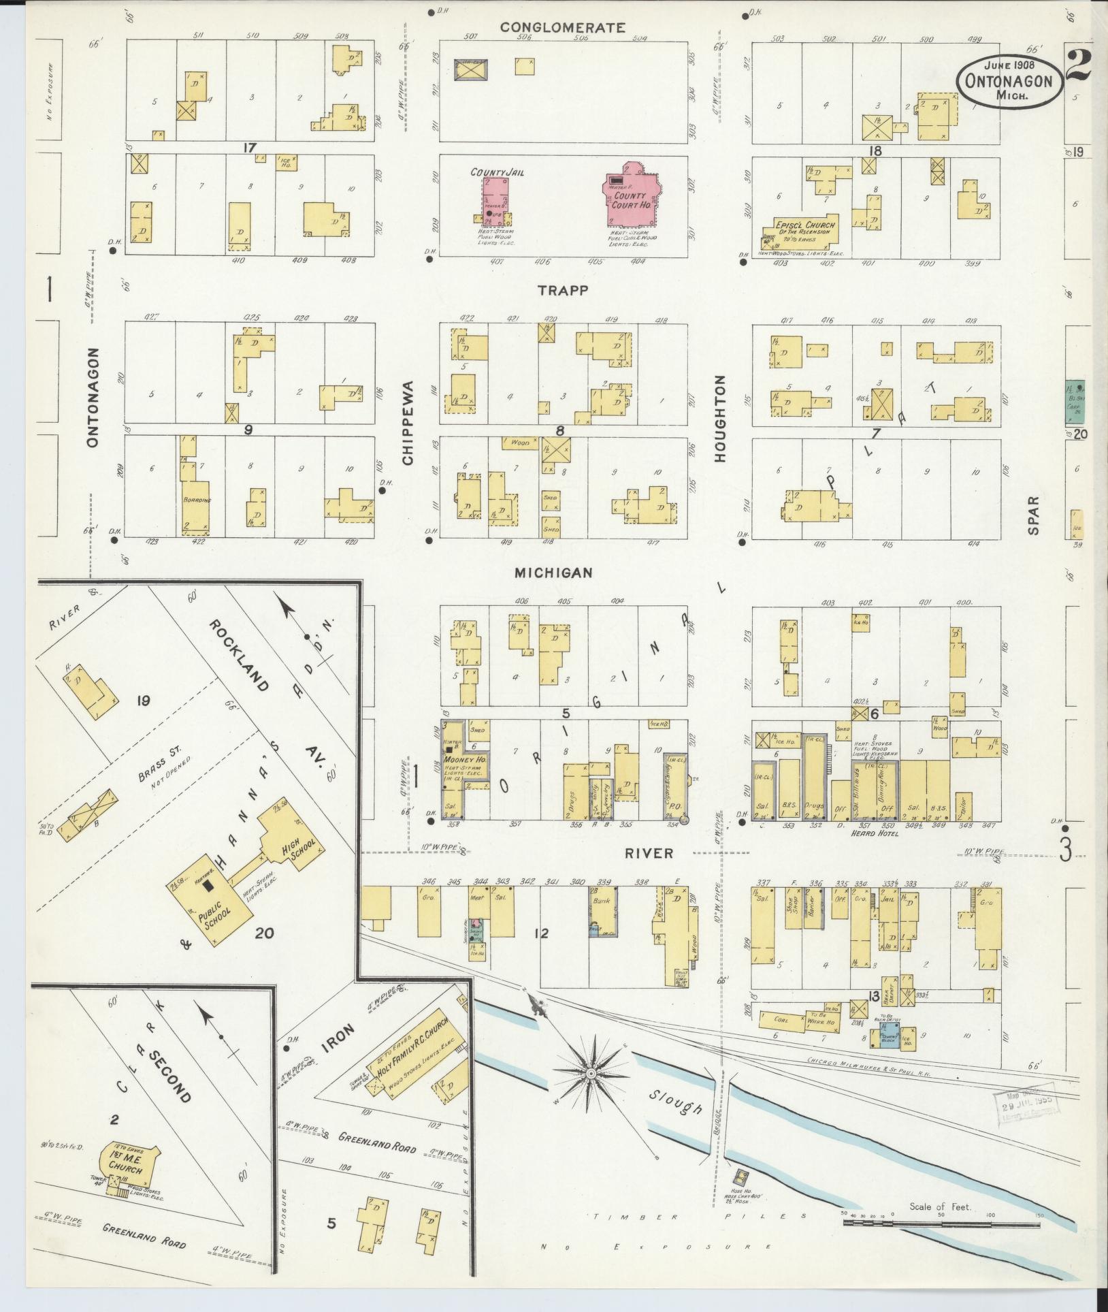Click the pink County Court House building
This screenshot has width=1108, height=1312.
pyautogui.click(x=632, y=197)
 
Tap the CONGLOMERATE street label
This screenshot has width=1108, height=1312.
pyautogui.click(x=562, y=28)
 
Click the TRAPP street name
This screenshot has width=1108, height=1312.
pyautogui.click(x=562, y=290)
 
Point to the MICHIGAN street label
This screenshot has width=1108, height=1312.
pyautogui.click(x=553, y=573)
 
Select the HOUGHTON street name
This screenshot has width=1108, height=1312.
pyautogui.click(x=721, y=420)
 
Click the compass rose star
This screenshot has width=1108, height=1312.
pyautogui.click(x=591, y=1074)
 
